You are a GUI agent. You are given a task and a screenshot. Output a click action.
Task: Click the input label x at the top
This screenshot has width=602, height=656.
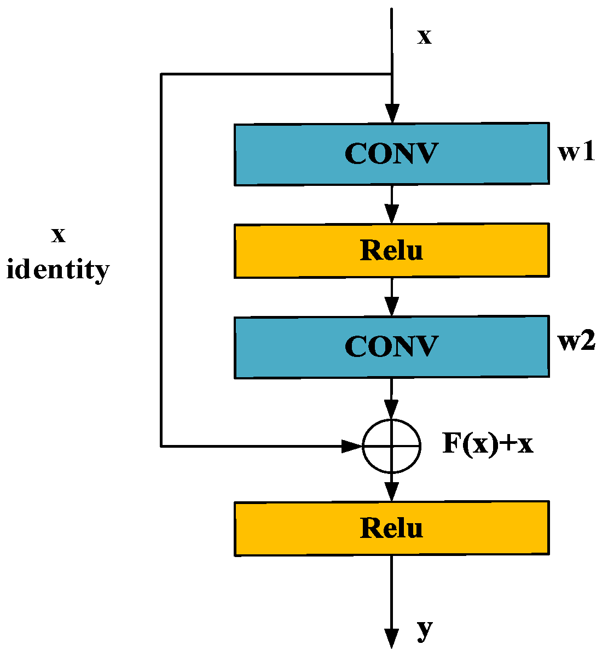point(424,37)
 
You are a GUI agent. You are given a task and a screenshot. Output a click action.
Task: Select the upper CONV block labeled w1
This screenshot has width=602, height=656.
point(391,154)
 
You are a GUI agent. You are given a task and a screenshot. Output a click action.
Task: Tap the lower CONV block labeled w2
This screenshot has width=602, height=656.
point(391,347)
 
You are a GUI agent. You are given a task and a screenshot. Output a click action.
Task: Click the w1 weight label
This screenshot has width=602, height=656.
point(576,153)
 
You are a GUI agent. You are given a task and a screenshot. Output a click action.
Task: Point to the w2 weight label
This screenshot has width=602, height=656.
point(576,343)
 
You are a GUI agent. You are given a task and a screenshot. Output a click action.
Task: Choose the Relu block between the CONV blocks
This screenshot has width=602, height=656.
point(391,250)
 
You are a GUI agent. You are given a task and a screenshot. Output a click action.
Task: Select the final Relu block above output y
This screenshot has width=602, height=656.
point(391,528)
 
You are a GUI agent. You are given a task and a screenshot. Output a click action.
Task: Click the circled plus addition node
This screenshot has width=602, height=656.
point(391,446)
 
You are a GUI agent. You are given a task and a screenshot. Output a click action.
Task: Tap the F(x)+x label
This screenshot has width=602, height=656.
point(487,444)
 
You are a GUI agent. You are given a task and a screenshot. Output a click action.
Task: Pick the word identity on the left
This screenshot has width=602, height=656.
point(58,270)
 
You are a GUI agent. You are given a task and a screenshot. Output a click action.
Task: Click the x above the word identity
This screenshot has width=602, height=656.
point(58,235)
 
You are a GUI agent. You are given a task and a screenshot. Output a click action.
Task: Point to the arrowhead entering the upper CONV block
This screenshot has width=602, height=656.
point(391,115)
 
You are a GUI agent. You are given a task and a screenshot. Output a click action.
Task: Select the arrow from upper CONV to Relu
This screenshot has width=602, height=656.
point(391,205)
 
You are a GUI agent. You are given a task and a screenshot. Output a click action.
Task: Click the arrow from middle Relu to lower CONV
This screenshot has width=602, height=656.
point(391,297)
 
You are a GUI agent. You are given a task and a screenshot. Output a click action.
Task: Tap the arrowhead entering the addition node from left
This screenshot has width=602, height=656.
point(351,446)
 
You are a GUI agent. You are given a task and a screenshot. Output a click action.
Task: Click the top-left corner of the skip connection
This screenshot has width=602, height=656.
point(161,74)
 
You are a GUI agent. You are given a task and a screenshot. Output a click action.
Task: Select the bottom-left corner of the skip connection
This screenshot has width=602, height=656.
point(161,446)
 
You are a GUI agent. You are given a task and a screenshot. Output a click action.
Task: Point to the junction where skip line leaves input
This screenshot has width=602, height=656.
point(391,74)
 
